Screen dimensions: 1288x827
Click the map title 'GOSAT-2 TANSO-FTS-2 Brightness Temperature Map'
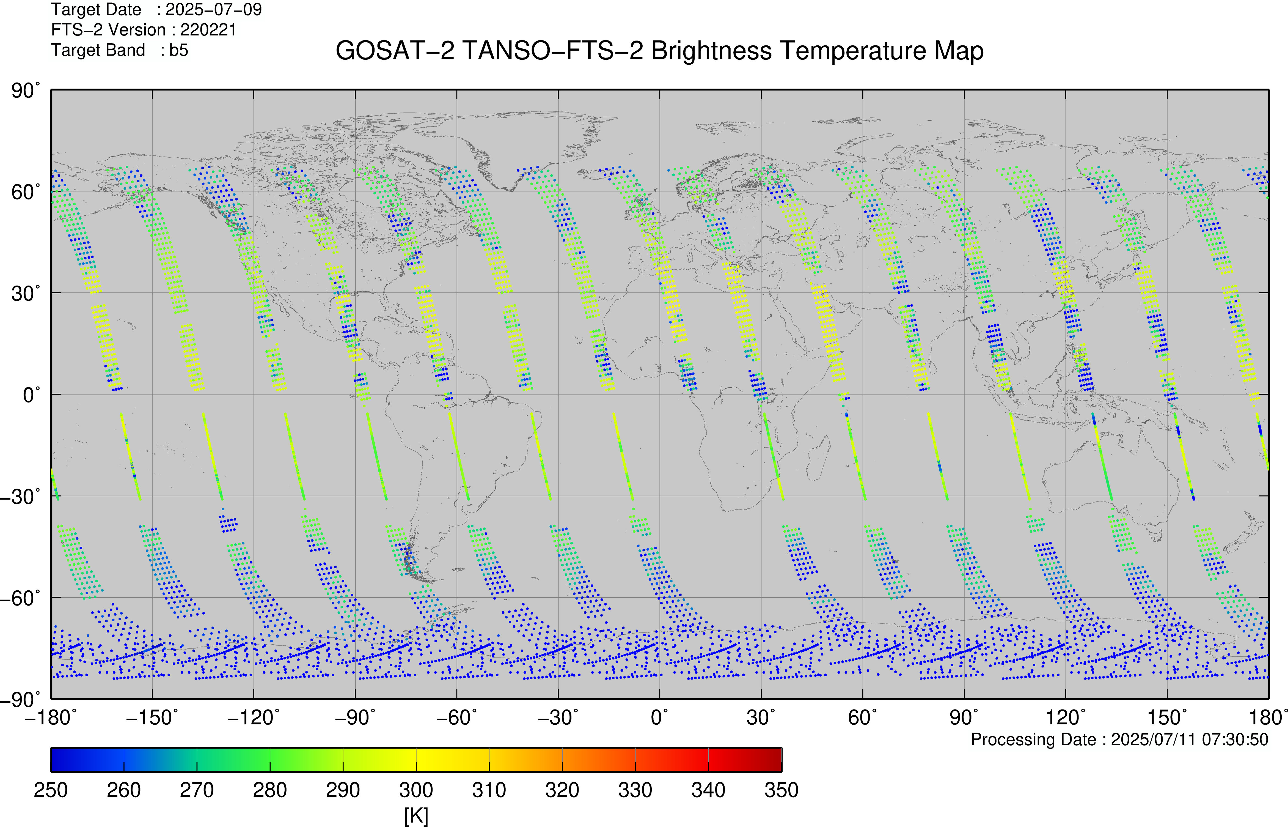click(x=660, y=51)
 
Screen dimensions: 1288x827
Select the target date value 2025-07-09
click(x=214, y=10)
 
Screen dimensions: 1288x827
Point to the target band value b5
click(x=179, y=50)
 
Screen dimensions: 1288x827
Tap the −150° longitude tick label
click(x=152, y=718)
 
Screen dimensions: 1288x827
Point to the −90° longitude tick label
click(x=355, y=718)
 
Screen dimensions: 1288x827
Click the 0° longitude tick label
click(x=660, y=718)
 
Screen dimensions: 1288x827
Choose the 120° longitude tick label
click(x=1066, y=718)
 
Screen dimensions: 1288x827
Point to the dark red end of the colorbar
click(x=773, y=759)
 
